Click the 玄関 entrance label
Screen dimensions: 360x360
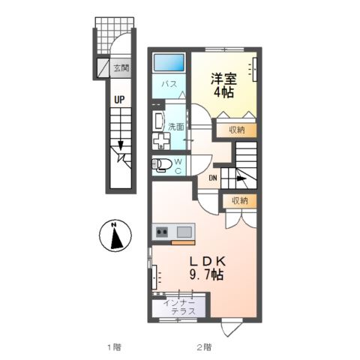pos(121,68)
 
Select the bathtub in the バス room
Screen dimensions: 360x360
pos(169,64)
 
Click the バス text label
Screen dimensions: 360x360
pos(170,85)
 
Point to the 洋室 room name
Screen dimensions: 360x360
pos(224,76)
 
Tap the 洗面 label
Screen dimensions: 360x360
pos(176,126)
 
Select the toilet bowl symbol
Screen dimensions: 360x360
pos(161,164)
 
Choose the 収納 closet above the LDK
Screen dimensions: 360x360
pos(238,200)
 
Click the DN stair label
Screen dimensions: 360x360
pos(213,178)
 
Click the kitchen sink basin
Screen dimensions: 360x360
pos(183,232)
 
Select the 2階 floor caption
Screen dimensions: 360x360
pos(204,346)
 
